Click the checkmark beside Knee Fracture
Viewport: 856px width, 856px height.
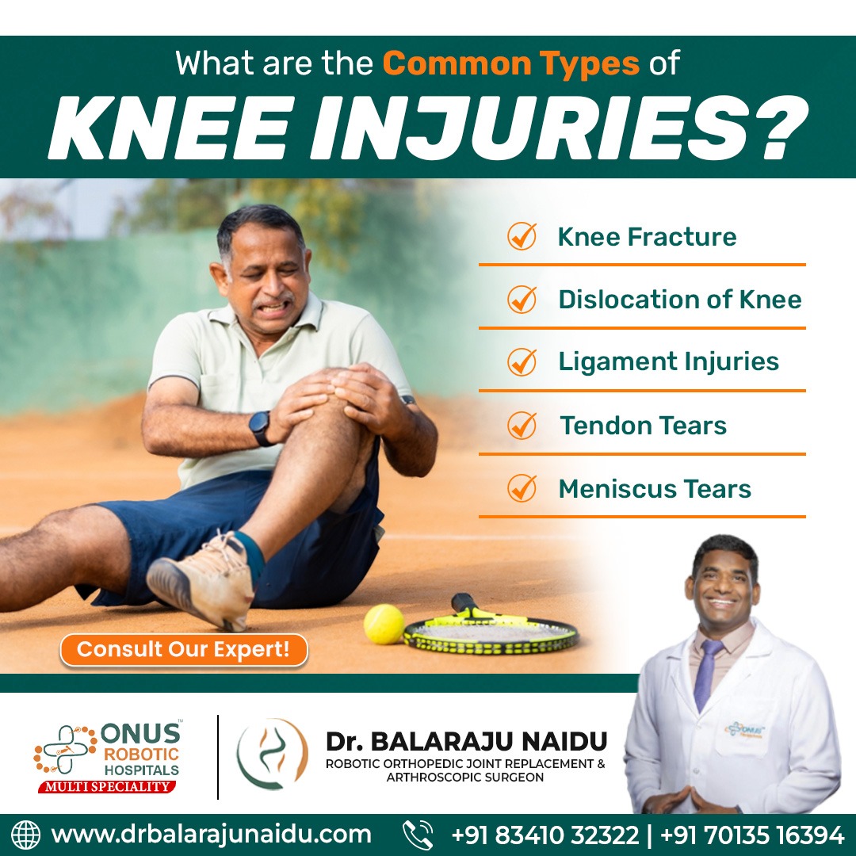click(522, 236)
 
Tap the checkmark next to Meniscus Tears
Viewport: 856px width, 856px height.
click(522, 488)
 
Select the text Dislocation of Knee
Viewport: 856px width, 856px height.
click(679, 300)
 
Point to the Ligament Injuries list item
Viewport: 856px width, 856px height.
click(668, 361)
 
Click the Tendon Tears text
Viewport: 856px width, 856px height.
click(643, 426)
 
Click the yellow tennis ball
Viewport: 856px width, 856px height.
click(384, 624)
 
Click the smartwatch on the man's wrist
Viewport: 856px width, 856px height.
click(260, 428)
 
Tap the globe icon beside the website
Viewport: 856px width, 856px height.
click(25, 835)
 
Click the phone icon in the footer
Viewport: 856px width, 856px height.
click(418, 835)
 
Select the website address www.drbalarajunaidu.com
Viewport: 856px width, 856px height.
click(211, 835)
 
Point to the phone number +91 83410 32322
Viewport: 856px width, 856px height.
click(545, 835)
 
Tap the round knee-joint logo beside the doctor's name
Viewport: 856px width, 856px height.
click(272, 754)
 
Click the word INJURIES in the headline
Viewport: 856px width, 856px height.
click(558, 129)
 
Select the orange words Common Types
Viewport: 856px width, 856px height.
click(510, 63)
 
